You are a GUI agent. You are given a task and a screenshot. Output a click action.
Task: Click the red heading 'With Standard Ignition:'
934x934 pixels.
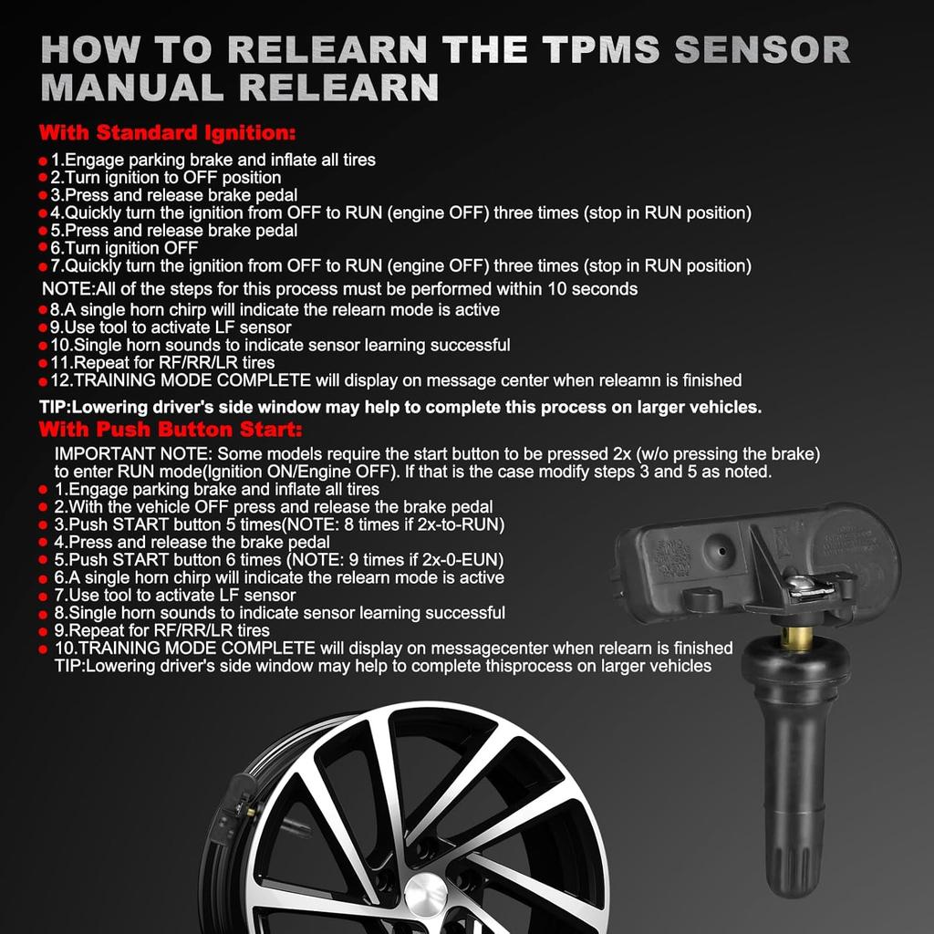[x=167, y=133]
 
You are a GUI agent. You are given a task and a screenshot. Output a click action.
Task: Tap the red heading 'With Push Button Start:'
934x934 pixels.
[x=171, y=429]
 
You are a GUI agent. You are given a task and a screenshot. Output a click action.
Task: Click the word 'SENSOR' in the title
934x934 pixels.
[x=762, y=49]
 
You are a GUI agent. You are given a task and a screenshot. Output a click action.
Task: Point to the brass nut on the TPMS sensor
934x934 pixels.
[x=797, y=637]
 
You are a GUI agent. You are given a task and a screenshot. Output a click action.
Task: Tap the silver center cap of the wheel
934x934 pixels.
[x=425, y=894]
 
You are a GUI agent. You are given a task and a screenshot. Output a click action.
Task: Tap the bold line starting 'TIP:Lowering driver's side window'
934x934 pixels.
[x=400, y=407]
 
